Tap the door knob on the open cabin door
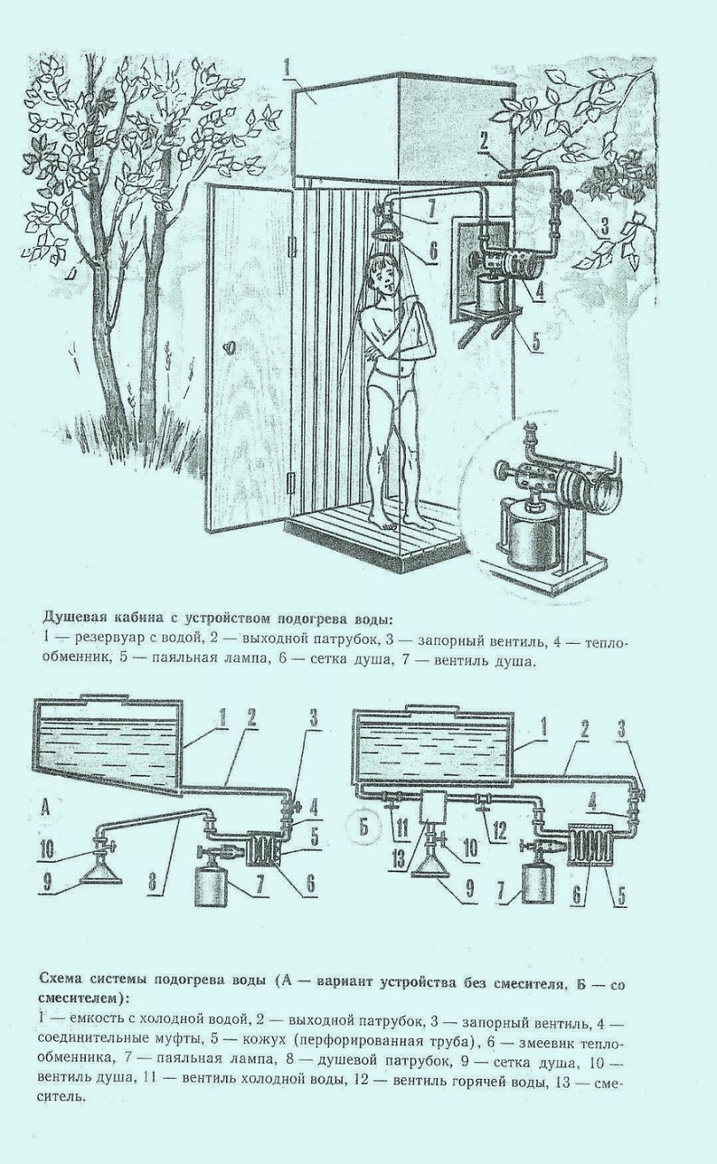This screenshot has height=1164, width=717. pos(229,345)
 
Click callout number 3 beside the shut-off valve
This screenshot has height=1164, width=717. pos(604,226)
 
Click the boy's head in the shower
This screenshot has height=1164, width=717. pos(384,275)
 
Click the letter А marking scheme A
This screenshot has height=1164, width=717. pos(45,809)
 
